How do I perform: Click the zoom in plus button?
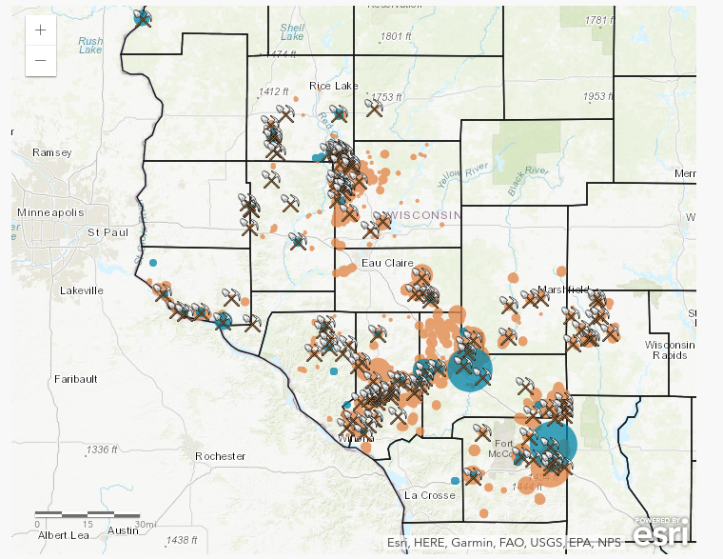click(x=40, y=30)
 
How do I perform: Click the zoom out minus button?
click(x=40, y=60)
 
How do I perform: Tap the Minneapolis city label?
click(x=50, y=211)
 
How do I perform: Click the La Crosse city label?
click(x=425, y=495)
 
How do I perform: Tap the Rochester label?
click(x=221, y=456)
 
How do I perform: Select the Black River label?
click(x=529, y=178)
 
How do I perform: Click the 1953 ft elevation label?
click(x=599, y=96)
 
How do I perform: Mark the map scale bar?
click(x=96, y=515)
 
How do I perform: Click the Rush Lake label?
click(x=90, y=45)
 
